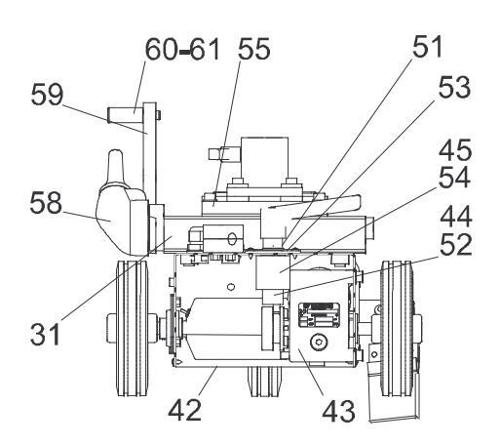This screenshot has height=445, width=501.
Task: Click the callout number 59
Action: (x=47, y=95)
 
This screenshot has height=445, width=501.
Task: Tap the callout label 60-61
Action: (x=182, y=50)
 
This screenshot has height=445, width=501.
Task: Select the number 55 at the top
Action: (x=254, y=49)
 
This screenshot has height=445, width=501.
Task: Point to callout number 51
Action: (x=428, y=46)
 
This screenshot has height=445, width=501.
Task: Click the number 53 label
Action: (x=454, y=87)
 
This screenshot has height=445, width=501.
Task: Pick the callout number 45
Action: (x=455, y=149)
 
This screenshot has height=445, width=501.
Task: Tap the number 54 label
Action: (x=454, y=177)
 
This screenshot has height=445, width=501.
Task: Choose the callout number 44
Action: (x=455, y=217)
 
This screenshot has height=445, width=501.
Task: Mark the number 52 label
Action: (x=455, y=244)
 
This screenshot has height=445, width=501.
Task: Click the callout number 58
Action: (x=46, y=202)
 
